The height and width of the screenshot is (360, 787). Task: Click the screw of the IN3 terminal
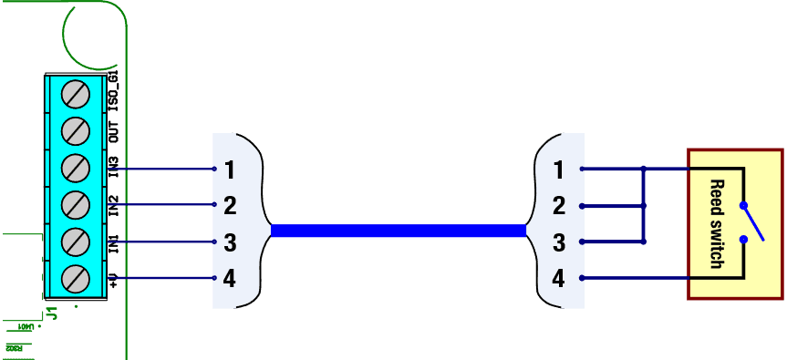(x=75, y=168)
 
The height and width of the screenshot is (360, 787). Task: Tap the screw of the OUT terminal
(x=75, y=131)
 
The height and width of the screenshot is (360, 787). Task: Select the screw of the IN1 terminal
(x=75, y=242)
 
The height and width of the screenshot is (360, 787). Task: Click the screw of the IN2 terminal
(x=75, y=204)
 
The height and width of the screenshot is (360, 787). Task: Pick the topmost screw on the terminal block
(x=75, y=94)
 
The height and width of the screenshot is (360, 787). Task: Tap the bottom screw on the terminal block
(x=75, y=278)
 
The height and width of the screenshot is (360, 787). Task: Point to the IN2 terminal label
(x=114, y=205)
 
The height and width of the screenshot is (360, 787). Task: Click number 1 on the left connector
(x=230, y=170)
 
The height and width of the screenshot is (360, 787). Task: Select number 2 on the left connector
(x=230, y=206)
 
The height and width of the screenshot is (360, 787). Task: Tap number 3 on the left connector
(x=230, y=242)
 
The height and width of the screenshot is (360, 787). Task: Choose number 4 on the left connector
(x=230, y=279)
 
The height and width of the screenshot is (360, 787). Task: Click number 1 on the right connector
(x=558, y=170)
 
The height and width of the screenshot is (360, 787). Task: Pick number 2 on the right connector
(x=558, y=206)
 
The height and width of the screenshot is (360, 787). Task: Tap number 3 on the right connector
(x=558, y=242)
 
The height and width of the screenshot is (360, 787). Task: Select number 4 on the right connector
(x=558, y=279)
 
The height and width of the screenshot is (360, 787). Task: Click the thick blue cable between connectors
(x=399, y=231)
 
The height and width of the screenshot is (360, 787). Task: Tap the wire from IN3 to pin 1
(x=164, y=169)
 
